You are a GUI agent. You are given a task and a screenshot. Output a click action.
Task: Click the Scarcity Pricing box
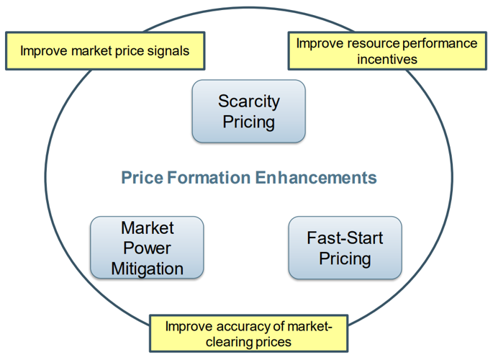click(248, 111)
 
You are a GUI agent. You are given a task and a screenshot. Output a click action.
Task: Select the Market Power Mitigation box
click(147, 248)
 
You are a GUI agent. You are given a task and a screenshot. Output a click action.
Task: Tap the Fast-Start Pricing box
click(345, 248)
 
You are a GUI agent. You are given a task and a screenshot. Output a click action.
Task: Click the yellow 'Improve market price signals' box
click(104, 51)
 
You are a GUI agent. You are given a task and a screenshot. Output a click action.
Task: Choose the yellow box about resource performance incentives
click(387, 51)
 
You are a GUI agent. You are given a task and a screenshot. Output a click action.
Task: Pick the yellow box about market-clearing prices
click(248, 333)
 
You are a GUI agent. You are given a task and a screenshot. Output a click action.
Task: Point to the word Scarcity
click(248, 101)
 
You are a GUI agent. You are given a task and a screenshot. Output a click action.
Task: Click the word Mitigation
click(147, 269)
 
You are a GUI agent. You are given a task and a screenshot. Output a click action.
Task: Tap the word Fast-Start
click(345, 238)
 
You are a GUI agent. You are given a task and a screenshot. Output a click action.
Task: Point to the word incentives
click(387, 59)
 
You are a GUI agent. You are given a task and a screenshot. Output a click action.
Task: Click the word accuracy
click(231, 326)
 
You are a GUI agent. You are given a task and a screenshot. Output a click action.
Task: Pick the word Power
click(147, 248)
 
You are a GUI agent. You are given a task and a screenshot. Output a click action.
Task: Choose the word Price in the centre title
click(140, 177)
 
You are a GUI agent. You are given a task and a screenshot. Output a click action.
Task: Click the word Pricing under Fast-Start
click(345, 258)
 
